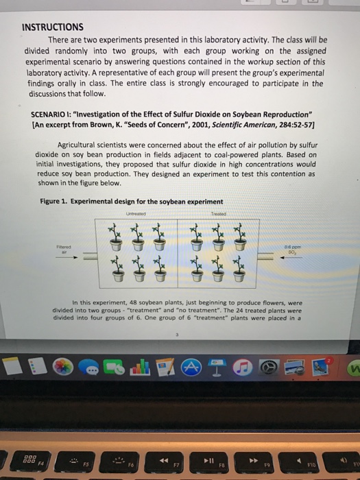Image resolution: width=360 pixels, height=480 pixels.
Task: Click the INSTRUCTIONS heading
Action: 53,27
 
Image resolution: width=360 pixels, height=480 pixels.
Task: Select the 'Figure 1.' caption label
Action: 58,201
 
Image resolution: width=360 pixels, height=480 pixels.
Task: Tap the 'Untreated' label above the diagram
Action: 134,213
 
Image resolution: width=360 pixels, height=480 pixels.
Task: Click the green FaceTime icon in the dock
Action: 112,369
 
